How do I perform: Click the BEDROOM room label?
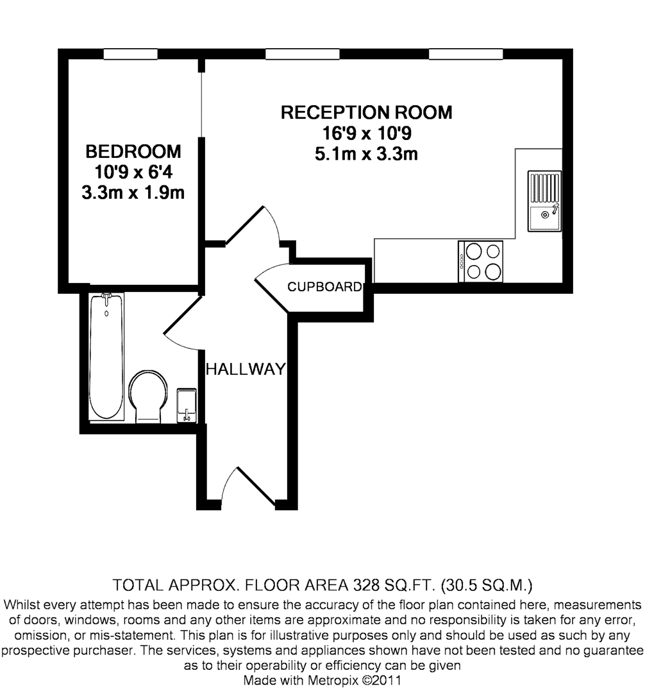coord(133,152)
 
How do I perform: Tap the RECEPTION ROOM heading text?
coord(366,113)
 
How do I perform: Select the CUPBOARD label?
coord(324,287)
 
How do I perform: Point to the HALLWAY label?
coord(244,369)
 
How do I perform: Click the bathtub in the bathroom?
coord(106,355)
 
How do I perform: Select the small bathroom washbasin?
coord(186,405)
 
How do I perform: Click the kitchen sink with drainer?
coord(544,201)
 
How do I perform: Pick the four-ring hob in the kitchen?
coord(480,261)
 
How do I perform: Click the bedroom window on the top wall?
coord(131,55)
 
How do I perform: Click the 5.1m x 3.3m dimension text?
coord(366,155)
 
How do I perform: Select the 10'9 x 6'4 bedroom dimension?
coord(133,173)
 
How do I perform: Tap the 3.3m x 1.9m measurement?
coord(133,193)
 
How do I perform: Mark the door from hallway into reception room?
coord(253,225)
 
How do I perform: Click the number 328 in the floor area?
coord(368,585)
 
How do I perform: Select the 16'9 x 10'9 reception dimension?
coord(366,134)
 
